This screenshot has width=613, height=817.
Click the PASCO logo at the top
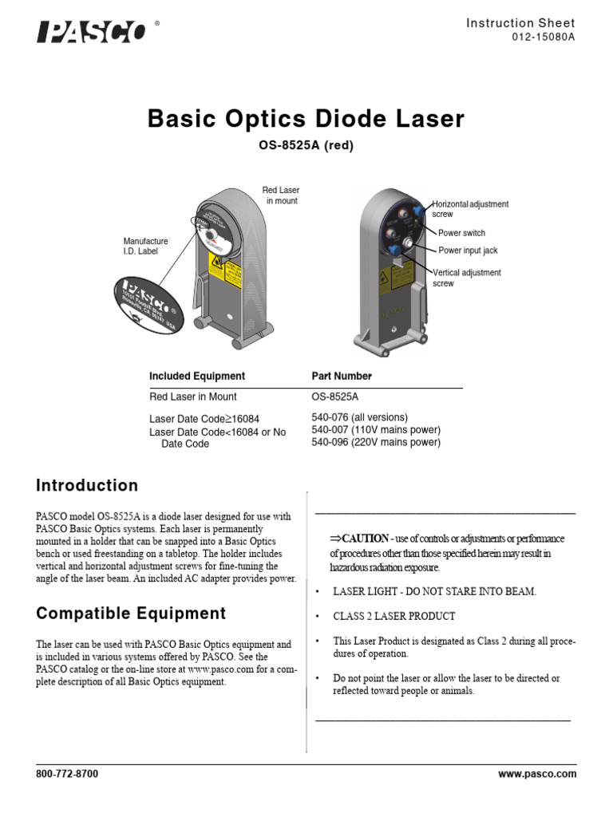pyautogui.click(x=92, y=33)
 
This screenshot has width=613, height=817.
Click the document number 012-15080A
pyautogui.click(x=543, y=37)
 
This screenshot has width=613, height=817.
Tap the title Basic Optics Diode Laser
pyautogui.click(x=306, y=120)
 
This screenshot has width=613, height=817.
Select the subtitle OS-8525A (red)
pyautogui.click(x=306, y=145)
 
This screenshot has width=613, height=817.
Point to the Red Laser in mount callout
pyautogui.click(x=281, y=195)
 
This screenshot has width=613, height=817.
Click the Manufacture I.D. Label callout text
pyautogui.click(x=145, y=246)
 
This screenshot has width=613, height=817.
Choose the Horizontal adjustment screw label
pyautogui.click(x=470, y=209)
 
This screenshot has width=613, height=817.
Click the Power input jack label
pyautogui.click(x=468, y=251)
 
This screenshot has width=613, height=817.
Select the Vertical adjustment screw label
pyautogui.click(x=467, y=278)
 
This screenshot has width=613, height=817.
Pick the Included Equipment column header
pyautogui.click(x=197, y=376)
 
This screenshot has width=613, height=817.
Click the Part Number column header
pyautogui.click(x=342, y=376)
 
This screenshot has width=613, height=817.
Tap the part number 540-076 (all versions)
pyautogui.click(x=359, y=417)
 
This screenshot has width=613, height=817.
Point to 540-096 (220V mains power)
pyautogui.click(x=375, y=442)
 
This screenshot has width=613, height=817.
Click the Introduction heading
pyautogui.click(x=87, y=486)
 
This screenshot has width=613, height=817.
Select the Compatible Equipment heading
pyautogui.click(x=131, y=614)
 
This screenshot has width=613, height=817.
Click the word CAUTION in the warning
pyautogui.click(x=366, y=539)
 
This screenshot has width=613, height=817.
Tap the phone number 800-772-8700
pyautogui.click(x=67, y=774)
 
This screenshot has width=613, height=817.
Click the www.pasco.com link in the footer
pyautogui.click(x=536, y=774)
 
